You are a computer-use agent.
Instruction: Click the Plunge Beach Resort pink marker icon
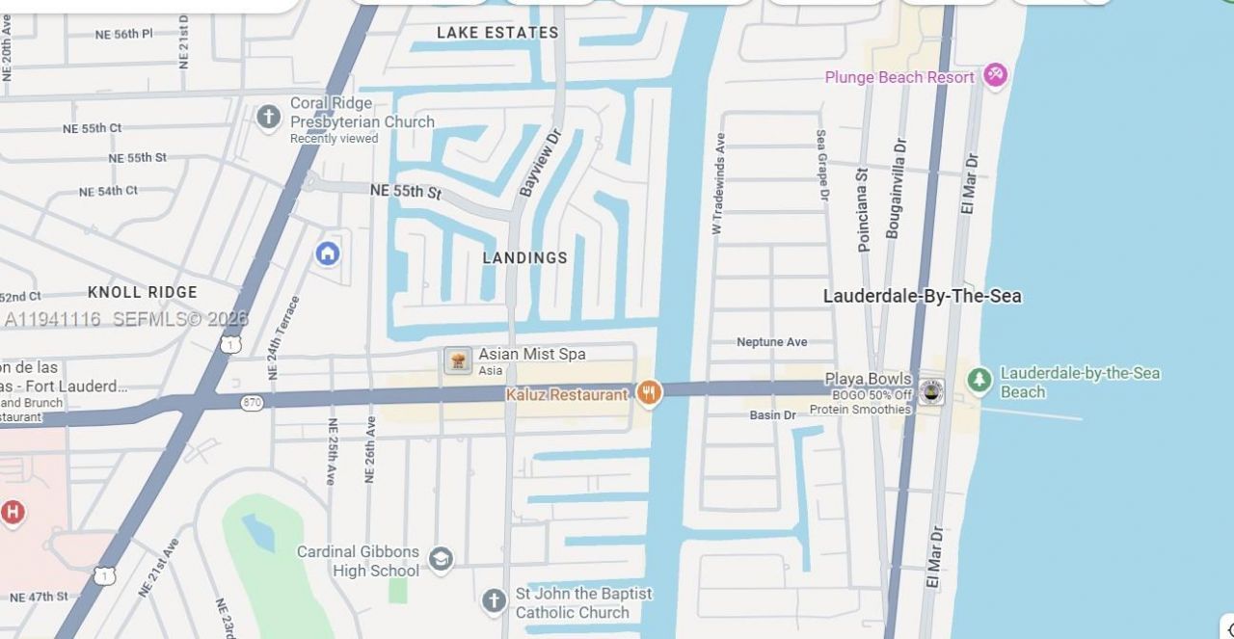[x=994, y=75]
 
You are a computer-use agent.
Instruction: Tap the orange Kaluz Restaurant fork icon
[x=649, y=393]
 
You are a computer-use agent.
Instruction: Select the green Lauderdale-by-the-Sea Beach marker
[x=979, y=381]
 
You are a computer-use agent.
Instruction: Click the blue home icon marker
[x=328, y=253]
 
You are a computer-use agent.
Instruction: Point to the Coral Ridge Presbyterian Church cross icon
[x=268, y=118]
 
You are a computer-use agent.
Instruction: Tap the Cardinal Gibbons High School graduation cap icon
[x=441, y=559]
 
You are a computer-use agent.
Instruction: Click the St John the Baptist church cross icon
[x=494, y=601]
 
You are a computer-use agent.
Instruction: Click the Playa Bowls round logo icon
[x=931, y=392]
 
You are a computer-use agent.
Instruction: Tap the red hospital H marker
[x=13, y=512]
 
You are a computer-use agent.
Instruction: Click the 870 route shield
[x=252, y=402]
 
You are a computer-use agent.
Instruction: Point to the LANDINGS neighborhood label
[x=524, y=258]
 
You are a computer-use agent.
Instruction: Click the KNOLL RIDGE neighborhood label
[x=143, y=292]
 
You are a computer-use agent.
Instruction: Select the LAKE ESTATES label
[x=497, y=33]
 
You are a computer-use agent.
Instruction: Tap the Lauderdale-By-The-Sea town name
[x=922, y=296]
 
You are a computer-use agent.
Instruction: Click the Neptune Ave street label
[x=771, y=342]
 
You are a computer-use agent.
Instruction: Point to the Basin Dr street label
[x=772, y=415]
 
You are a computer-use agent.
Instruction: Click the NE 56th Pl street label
[x=123, y=35]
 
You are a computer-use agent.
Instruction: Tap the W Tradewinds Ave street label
[x=718, y=183]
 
